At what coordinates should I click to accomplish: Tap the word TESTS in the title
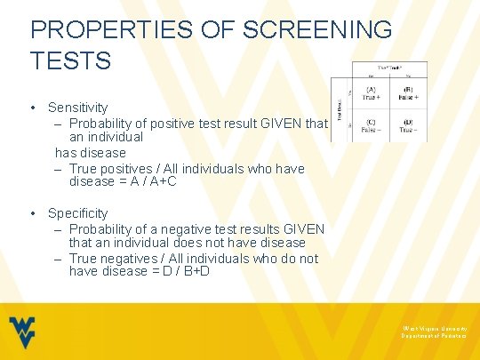pos(70,60)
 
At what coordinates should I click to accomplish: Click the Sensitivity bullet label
pos(77,108)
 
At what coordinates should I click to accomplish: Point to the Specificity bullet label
pos(77,213)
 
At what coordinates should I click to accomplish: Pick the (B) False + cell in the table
pos(407,93)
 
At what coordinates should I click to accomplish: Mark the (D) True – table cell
pos(407,125)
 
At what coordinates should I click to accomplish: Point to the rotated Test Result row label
pos(339,109)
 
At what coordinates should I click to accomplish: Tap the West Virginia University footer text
pos(434,328)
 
